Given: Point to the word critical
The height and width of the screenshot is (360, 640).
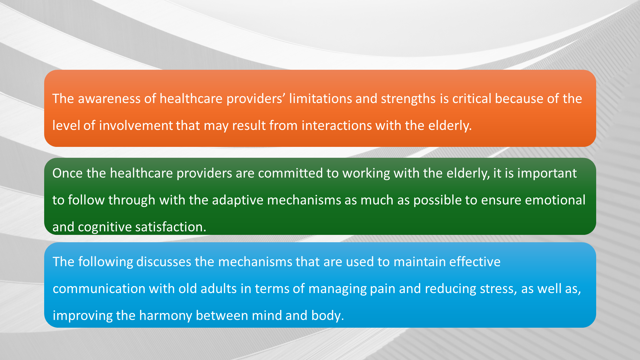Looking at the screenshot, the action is point(472,99).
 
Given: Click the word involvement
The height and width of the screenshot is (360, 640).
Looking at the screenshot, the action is point(136,125).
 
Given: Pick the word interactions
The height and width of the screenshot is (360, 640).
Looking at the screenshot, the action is point(337,125).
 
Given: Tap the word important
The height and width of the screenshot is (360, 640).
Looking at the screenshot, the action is point(547,173).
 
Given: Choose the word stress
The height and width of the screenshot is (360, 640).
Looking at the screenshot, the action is point(498,289).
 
